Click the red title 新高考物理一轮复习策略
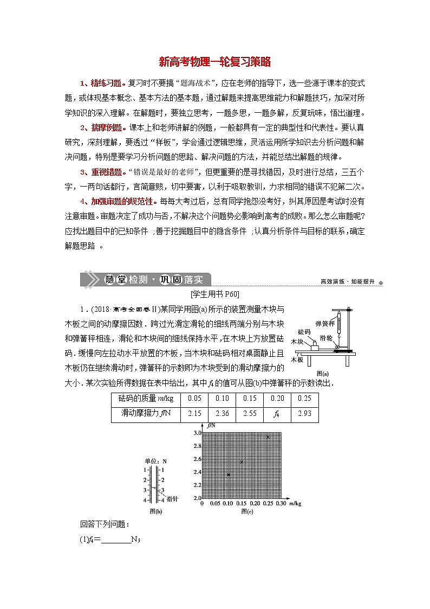click(215, 62)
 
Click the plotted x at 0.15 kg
click(242, 461)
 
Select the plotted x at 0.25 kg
click(268, 437)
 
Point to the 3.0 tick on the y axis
click(197, 433)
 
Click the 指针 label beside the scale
click(173, 499)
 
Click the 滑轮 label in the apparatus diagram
click(326, 337)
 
